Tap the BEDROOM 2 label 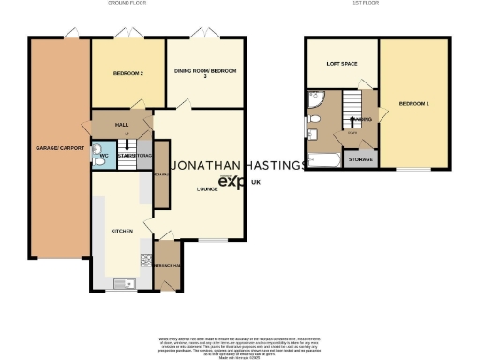(x=127, y=73)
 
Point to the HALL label (x=121, y=124)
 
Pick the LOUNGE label (x=206, y=188)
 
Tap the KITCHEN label (x=123, y=230)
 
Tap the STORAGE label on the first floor (x=360, y=159)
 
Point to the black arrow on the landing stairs (x=352, y=120)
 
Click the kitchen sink (x=121, y=282)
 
